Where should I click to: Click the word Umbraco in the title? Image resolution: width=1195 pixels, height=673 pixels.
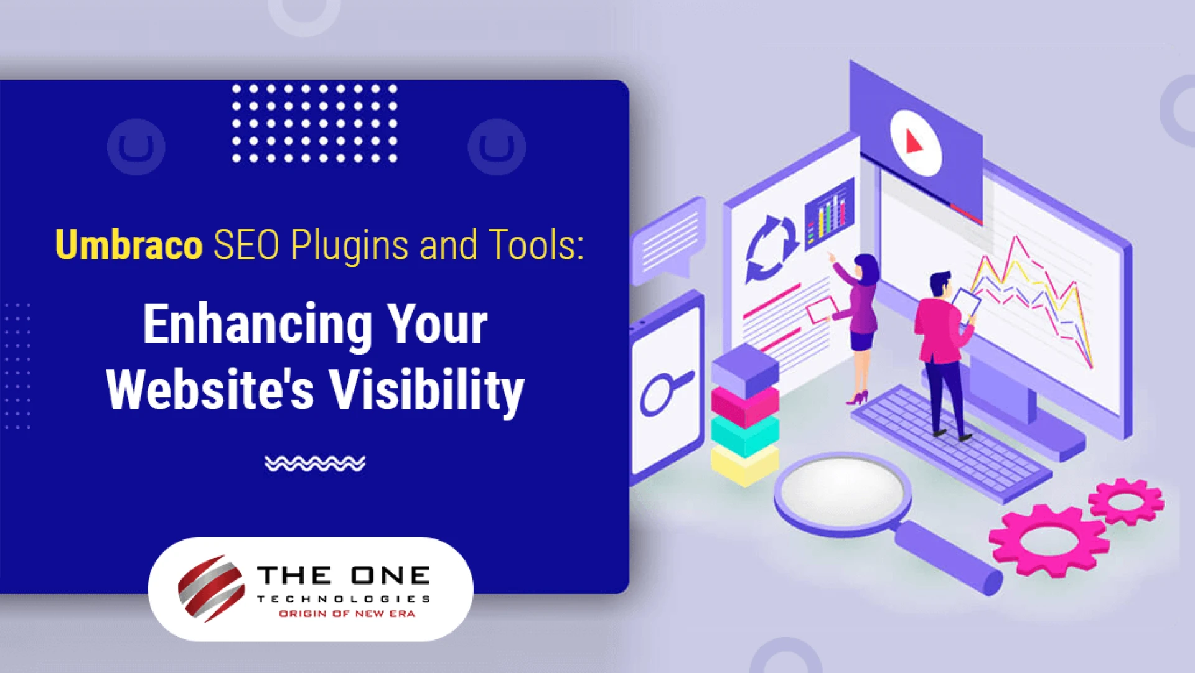[129, 245]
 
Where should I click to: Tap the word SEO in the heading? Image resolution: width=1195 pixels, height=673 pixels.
[246, 245]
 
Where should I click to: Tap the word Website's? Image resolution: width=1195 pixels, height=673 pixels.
[210, 390]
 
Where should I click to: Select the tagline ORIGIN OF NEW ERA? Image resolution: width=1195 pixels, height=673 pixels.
[347, 614]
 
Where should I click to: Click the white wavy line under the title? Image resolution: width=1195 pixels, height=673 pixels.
[315, 463]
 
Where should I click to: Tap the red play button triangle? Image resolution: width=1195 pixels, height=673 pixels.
[913, 142]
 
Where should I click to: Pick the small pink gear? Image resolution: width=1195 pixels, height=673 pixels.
[1125, 501]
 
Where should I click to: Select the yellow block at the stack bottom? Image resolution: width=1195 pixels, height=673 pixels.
[744, 464]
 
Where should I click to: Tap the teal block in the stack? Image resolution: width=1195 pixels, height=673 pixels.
[744, 435]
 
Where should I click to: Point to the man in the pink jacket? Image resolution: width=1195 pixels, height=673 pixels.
[942, 348]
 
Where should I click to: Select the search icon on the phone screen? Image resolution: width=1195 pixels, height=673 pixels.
[664, 392]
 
